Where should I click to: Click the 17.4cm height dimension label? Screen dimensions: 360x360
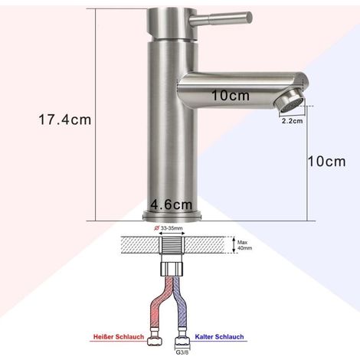[65, 119]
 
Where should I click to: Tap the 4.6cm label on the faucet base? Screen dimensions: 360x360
[172, 205]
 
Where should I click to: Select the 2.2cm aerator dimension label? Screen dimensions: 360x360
[292, 121]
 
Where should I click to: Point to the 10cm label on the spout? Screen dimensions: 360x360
[231, 96]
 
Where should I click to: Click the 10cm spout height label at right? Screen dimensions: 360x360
[326, 162]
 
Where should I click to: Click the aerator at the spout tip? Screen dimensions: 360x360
[289, 102]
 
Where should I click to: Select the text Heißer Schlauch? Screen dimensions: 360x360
[119, 337]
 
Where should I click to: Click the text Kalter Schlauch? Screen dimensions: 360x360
[219, 337]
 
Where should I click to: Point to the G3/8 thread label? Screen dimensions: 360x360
[182, 352]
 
